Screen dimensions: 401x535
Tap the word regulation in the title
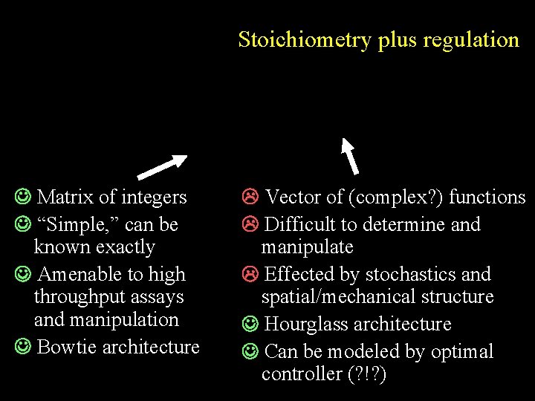tap(471, 39)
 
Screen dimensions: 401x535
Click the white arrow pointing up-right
tap(163, 167)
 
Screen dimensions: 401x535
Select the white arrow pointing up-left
tap(349, 154)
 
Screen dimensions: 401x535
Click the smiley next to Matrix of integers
tap(22, 197)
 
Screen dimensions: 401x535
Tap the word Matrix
tap(65, 197)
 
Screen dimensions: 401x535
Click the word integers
tap(153, 198)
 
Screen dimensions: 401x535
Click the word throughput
tap(81, 297)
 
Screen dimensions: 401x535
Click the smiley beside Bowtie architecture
tap(22, 347)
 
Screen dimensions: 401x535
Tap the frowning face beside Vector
tap(250, 197)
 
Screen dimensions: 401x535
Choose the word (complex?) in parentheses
tap(389, 197)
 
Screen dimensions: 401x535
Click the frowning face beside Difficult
tap(250, 224)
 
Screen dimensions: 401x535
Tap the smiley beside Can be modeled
tap(250, 351)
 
